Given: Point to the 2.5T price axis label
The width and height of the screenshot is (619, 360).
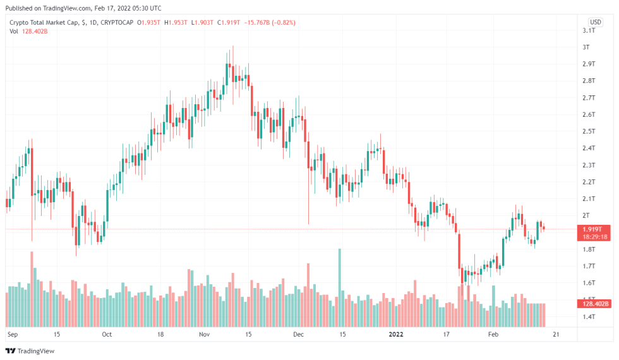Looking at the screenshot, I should (589, 131).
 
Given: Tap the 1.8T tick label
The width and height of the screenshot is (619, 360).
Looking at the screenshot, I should (589, 249).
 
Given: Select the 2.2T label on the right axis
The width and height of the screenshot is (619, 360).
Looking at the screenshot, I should (589, 182).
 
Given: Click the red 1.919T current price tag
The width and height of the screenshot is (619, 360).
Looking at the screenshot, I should (594, 229).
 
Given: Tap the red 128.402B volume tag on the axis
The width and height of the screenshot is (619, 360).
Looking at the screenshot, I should (594, 304).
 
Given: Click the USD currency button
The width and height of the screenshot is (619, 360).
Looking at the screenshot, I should (595, 21).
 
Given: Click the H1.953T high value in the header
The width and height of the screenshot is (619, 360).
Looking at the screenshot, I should (176, 22).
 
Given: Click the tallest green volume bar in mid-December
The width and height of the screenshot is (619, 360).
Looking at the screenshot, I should (340, 278).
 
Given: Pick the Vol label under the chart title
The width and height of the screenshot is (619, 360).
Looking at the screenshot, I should (14, 31).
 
